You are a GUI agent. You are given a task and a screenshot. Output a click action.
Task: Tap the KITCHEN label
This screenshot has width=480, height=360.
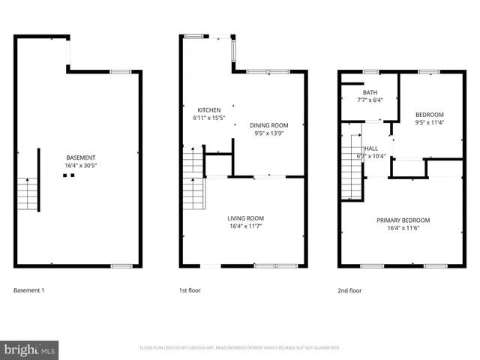(208, 109)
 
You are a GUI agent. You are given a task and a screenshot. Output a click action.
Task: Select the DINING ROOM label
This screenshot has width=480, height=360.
(268, 125)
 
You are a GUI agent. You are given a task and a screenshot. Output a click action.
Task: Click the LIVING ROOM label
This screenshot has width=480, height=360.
(246, 218)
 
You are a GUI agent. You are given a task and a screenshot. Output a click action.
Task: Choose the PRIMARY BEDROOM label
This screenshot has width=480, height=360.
(403, 220)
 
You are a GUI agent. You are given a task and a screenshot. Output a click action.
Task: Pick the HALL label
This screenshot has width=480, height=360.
(370, 148)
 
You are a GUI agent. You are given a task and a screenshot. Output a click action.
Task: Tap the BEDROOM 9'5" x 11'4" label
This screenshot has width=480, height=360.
(430, 115)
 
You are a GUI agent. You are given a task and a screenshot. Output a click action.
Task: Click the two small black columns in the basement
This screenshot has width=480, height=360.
(68, 176)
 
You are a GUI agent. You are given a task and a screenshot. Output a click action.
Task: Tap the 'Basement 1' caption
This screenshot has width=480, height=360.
(29, 289)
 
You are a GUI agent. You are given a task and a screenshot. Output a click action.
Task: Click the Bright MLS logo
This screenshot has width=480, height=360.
(30, 349)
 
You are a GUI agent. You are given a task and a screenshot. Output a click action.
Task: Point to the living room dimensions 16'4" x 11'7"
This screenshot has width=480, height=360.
(246, 226)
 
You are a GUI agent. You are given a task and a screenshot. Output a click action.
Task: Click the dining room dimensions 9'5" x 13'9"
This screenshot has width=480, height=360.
(268, 134)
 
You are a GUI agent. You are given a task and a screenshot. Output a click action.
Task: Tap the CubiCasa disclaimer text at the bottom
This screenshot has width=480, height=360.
(240, 348)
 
